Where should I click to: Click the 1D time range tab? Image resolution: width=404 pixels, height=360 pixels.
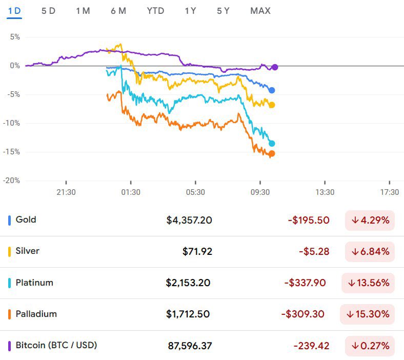[x=14, y=11]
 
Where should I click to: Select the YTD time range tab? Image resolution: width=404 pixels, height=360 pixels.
[x=155, y=11]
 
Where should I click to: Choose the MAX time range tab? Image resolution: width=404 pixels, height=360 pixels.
[x=260, y=11]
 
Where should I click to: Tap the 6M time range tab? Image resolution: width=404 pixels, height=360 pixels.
[x=118, y=11]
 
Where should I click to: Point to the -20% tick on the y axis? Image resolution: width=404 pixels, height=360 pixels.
[x=11, y=181]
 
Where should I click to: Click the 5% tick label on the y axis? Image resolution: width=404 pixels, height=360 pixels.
[x=14, y=37]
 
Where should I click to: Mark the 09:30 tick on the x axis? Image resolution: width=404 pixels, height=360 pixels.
[x=260, y=192]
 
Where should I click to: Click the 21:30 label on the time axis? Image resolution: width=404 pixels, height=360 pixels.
[x=66, y=192]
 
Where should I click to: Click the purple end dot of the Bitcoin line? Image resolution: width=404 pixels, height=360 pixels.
[x=275, y=67]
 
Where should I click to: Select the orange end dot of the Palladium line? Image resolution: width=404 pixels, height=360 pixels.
[x=272, y=154]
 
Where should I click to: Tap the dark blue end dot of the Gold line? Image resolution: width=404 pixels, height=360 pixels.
[x=272, y=90]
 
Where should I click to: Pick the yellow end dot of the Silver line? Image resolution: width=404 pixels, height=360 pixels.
[x=272, y=105]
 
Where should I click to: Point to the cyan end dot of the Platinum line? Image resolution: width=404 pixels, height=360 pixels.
[x=272, y=144]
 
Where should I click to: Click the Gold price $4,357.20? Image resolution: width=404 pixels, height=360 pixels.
[x=189, y=221]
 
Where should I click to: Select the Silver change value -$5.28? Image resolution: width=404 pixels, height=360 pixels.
[x=314, y=252]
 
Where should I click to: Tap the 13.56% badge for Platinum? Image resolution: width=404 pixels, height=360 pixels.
[x=368, y=283]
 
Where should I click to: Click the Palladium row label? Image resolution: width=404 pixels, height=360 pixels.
[x=36, y=314]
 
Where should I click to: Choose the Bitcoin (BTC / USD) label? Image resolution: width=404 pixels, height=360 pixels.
[x=56, y=345]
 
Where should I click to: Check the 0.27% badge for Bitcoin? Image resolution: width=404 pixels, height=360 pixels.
[x=370, y=346]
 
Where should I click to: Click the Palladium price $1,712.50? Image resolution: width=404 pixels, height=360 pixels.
[x=188, y=314]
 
